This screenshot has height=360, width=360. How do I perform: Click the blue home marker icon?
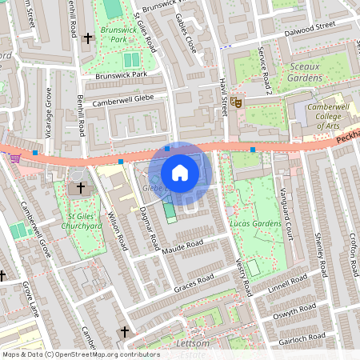pos(180,172)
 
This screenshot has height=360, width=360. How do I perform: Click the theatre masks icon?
pos(235,102)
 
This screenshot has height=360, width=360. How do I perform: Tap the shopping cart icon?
pos(14,158)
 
